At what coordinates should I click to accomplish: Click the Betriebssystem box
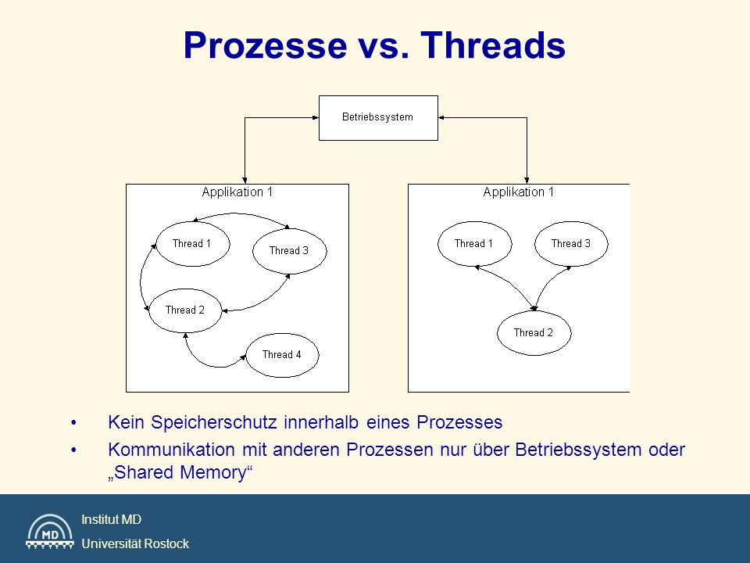(378, 118)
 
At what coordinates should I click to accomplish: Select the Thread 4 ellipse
(282, 355)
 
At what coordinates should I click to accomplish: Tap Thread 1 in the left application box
(193, 244)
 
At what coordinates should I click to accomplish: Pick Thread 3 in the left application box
(289, 251)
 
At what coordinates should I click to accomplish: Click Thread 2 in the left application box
(185, 310)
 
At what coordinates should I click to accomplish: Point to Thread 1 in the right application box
(474, 244)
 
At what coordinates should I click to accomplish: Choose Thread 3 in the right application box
(571, 244)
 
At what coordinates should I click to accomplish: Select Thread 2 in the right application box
(534, 333)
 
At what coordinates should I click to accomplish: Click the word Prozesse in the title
(266, 45)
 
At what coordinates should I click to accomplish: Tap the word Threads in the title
(493, 45)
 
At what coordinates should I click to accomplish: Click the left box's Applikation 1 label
(237, 192)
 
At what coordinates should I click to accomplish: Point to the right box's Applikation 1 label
(519, 192)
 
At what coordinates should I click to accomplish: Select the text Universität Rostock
(135, 544)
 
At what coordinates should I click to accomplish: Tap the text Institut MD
(112, 519)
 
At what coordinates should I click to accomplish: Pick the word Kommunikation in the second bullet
(171, 450)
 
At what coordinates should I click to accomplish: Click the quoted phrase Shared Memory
(180, 472)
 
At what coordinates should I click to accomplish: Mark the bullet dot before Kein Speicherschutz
(73, 423)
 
